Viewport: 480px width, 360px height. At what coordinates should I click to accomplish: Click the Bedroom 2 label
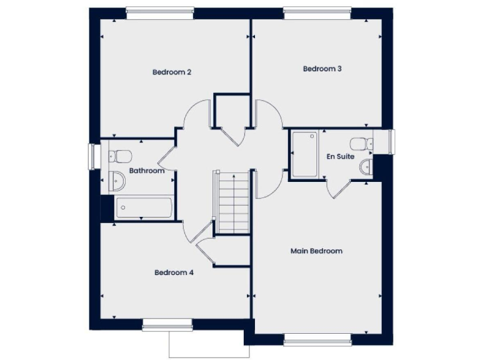tap(171, 72)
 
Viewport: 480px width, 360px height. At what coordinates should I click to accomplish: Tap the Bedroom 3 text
tap(322, 69)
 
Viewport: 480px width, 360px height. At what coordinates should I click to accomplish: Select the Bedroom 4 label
tap(174, 272)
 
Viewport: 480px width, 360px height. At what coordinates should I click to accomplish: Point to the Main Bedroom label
tap(316, 251)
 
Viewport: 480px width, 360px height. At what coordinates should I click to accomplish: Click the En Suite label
tap(341, 156)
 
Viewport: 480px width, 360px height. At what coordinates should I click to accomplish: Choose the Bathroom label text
tap(147, 171)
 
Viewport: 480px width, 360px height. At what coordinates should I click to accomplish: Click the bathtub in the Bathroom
tap(144, 207)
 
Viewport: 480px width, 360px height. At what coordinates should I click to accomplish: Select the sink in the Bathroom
tap(117, 181)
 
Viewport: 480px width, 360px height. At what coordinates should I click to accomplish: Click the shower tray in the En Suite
tap(306, 154)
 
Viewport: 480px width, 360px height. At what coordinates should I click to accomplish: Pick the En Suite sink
tap(367, 166)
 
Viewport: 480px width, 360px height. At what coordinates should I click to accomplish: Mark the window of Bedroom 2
tap(159, 11)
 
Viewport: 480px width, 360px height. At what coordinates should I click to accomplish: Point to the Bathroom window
tap(94, 156)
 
